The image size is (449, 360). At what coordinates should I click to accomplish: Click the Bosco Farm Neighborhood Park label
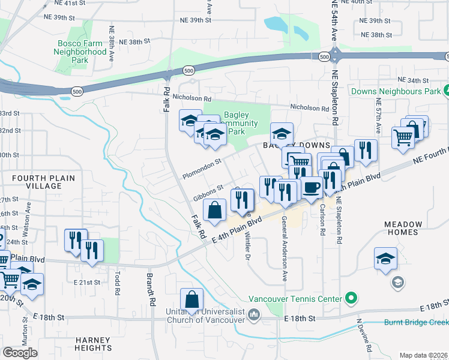[81, 52]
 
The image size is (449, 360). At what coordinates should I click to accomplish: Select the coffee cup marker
[311, 187]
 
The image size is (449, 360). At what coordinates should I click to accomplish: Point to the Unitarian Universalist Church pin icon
[254, 314]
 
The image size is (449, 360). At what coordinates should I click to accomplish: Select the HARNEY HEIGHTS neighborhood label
[93, 344]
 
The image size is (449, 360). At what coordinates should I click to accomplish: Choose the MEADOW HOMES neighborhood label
[403, 228]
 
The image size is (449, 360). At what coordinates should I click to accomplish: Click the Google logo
[20, 352]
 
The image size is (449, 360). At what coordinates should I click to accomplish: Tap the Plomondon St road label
[202, 168]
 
